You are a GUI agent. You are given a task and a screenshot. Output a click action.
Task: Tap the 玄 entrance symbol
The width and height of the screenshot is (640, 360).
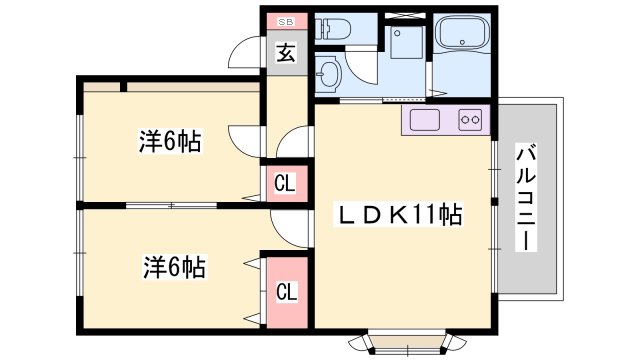[x=286, y=54]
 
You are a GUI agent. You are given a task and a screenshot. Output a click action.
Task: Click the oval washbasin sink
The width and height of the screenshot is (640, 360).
[x=328, y=73]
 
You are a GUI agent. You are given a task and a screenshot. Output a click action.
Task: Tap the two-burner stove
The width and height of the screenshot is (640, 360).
[x=472, y=120]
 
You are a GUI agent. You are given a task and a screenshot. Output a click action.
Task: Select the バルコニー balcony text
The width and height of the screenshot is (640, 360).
[x=527, y=198]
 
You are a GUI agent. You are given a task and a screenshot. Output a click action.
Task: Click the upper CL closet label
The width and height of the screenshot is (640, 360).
[x=285, y=183]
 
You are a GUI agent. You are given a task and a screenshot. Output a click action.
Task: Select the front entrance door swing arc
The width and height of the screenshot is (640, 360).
[x=244, y=55]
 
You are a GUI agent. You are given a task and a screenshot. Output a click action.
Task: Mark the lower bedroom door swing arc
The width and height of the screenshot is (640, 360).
[x=290, y=228]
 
